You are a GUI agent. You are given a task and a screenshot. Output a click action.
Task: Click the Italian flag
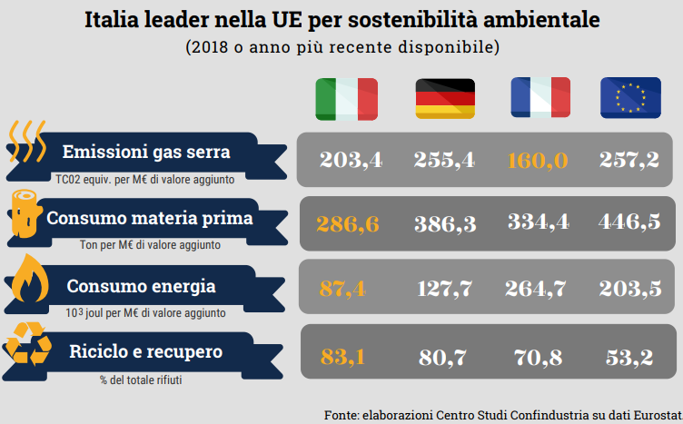(346, 99)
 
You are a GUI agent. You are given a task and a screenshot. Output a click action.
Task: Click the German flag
(445, 99)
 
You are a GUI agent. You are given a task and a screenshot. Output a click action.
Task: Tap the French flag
(539, 99)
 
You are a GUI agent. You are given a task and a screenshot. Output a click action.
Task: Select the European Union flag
(629, 99)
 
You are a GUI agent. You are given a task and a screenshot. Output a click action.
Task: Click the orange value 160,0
(538, 161)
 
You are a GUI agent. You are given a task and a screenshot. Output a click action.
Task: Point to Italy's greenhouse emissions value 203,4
(351, 161)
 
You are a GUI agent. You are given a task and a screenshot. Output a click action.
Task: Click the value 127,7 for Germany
(445, 289)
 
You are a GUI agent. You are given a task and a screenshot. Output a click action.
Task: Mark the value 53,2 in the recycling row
(629, 357)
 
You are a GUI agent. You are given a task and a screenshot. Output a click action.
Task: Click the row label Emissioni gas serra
(146, 152)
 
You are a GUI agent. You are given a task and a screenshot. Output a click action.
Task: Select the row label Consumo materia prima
(150, 219)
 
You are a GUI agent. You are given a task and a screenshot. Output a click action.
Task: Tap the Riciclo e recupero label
(146, 351)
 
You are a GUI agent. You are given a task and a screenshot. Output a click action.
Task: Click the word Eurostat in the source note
(652, 414)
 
